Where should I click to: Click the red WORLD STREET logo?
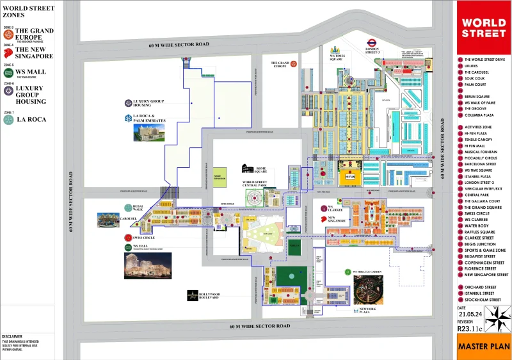pyautogui.click(x=484, y=28)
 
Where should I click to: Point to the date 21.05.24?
pyautogui.click(x=470, y=315)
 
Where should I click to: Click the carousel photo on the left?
pyautogui.click(x=108, y=220)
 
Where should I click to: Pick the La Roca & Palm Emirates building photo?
pyautogui.click(x=148, y=132)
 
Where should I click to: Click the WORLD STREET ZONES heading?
pyautogui.click(x=28, y=12)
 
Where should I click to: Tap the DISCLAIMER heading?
pyautogui.click(x=13, y=336)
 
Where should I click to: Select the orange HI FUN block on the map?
pyautogui.click(x=349, y=176)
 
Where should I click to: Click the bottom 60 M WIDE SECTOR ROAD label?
pyautogui.click(x=260, y=326)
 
